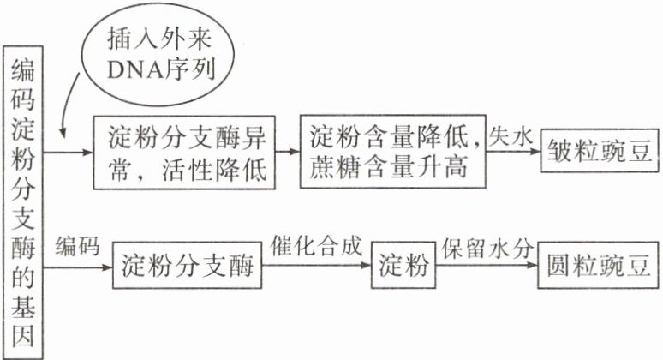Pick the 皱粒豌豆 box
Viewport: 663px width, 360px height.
pos(595,153)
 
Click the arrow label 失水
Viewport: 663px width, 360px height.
pos(512,135)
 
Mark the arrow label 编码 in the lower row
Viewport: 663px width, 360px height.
pos(78,247)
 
